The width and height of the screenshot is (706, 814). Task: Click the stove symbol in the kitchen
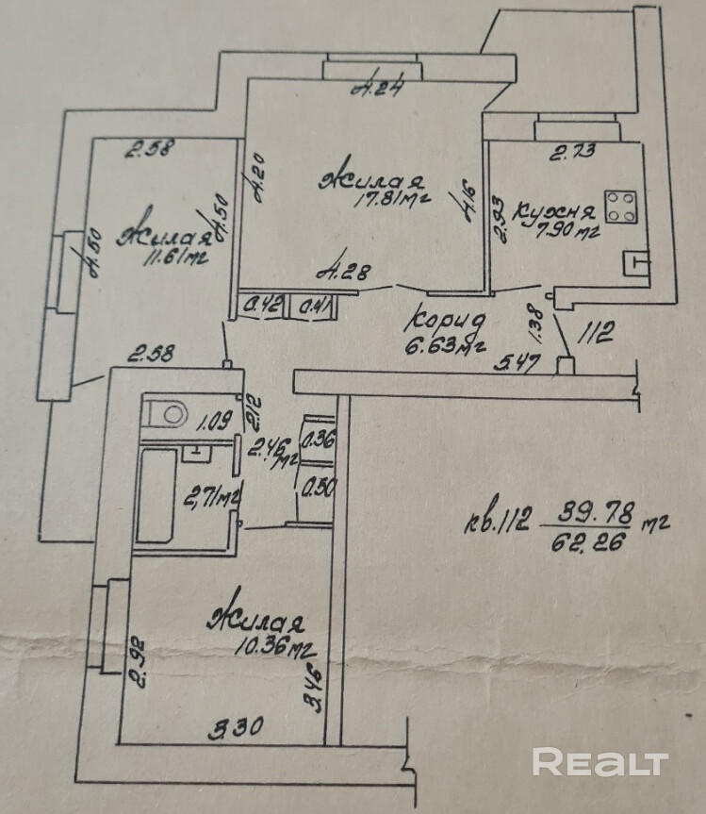[620, 207]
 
